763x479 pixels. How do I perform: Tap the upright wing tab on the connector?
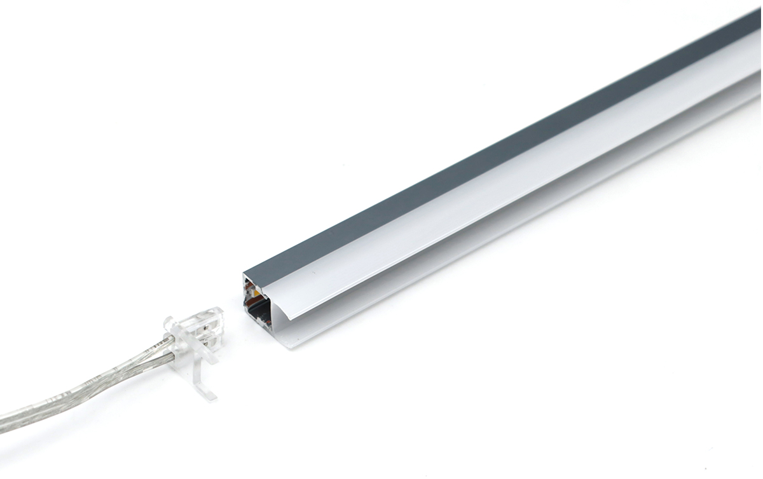pyautogui.click(x=170, y=325)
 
